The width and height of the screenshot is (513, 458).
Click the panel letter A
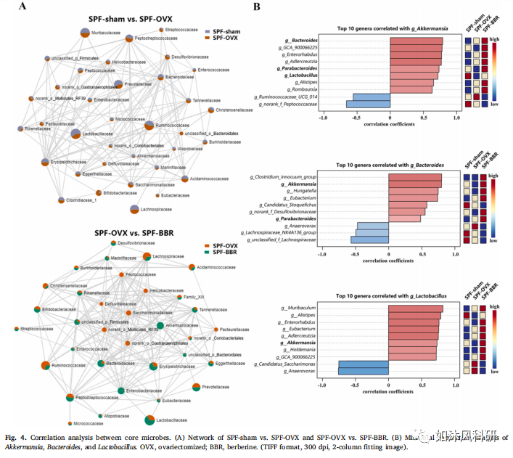(x=24, y=7)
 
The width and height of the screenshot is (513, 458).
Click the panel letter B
(x=255, y=7)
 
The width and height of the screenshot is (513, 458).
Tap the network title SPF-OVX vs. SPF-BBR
(x=135, y=232)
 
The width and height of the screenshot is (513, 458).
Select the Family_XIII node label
(x=194, y=297)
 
